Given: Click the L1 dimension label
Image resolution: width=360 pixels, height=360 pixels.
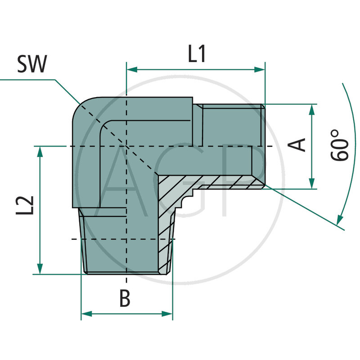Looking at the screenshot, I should (x=197, y=54).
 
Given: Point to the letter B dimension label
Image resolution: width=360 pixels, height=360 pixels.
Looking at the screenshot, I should (x=125, y=298).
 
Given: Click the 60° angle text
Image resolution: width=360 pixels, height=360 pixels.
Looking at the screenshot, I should (x=340, y=145).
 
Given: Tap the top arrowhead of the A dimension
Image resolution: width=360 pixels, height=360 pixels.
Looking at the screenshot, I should (x=311, y=109).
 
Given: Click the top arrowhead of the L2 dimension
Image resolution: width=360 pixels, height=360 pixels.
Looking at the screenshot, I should (x=40, y=152).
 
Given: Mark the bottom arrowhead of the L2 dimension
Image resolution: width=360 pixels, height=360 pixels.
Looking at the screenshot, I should (x=40, y=269).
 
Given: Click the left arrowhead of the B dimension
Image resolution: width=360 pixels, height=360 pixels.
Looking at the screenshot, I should (x=86, y=314).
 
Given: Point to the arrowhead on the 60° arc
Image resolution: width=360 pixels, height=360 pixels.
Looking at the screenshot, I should (x=338, y=220).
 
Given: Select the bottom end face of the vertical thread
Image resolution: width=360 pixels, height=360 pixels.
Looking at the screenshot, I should (x=126, y=273).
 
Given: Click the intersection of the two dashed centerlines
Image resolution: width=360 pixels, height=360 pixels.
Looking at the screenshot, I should (x=126, y=146).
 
